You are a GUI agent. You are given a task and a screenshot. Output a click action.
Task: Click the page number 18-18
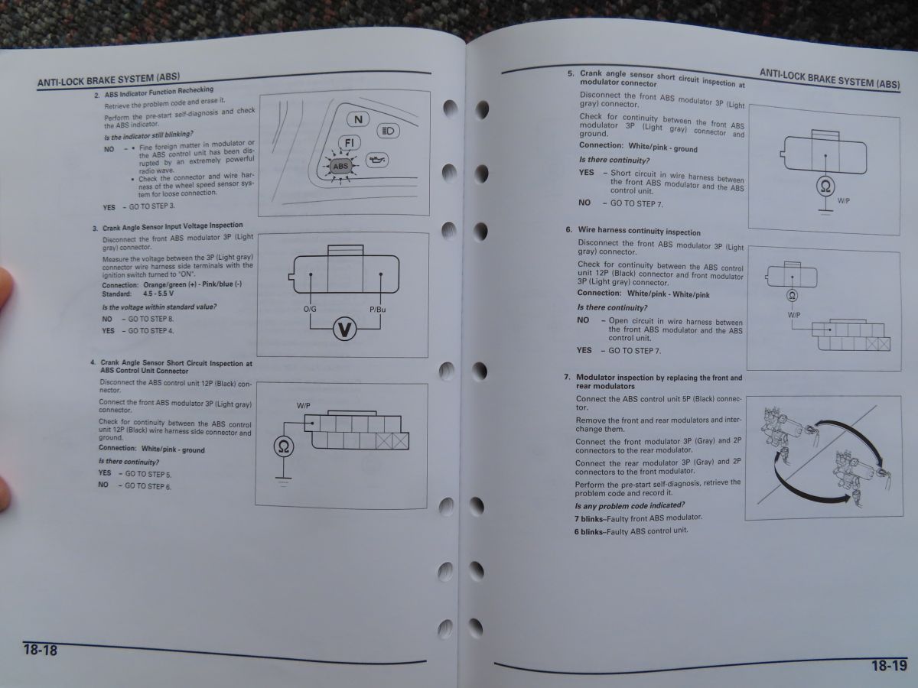40,650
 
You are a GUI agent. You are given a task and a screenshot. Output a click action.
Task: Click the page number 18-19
889,665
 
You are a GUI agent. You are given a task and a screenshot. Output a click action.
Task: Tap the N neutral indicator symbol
358,119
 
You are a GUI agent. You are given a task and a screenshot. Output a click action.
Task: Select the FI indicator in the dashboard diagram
349,143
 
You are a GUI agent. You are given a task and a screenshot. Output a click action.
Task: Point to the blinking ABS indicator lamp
340,166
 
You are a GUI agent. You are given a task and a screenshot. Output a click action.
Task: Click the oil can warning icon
377,160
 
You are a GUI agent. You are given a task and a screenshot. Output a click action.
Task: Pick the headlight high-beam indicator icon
388,131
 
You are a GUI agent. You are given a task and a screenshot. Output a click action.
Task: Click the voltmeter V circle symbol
344,329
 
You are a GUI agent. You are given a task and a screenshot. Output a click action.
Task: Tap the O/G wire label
310,309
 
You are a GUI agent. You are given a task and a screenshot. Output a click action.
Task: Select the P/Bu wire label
378,310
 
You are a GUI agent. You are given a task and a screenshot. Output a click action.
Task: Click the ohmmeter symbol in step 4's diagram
284,446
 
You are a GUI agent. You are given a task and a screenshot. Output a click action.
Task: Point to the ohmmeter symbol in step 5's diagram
825,187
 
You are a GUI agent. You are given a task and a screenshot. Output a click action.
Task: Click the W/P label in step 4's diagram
303,406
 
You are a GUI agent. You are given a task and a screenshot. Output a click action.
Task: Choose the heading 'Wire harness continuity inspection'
639,231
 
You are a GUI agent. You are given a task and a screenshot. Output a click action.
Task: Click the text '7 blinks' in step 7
589,519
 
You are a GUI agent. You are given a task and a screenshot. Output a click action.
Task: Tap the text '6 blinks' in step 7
589,532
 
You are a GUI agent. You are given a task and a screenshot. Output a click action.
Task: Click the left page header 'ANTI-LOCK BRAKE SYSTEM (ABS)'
109,80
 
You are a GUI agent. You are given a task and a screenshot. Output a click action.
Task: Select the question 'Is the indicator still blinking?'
148,135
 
